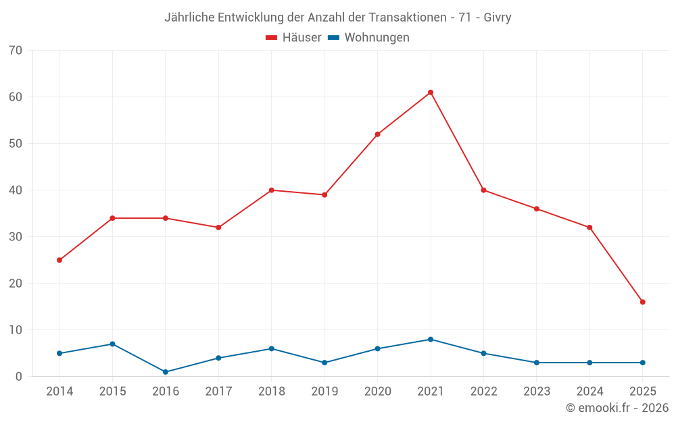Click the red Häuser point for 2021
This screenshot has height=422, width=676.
coord(431,93)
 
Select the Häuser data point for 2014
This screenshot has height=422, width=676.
coord(59,260)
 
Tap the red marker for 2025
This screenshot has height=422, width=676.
coord(642,302)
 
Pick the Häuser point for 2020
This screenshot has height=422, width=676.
coord(377,134)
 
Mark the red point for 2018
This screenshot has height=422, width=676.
coord(272,190)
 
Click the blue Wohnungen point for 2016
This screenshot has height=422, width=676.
coord(166,372)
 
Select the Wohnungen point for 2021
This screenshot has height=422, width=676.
coord(431,340)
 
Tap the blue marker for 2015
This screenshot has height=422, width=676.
coord(112,344)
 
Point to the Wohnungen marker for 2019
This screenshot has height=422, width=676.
coord(324,363)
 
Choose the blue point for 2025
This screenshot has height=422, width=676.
coord(642,363)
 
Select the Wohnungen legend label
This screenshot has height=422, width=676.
coord(377,38)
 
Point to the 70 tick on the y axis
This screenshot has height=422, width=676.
coord(16,51)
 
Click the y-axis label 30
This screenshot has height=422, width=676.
coord(16,237)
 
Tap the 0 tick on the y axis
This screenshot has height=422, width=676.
coord(19,377)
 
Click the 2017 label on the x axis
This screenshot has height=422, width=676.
coord(218,392)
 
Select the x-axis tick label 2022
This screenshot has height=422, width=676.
coord(483,392)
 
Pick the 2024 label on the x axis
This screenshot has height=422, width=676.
coord(589,392)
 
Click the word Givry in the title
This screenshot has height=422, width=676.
coord(497,18)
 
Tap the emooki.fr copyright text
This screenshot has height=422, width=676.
coord(617,408)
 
